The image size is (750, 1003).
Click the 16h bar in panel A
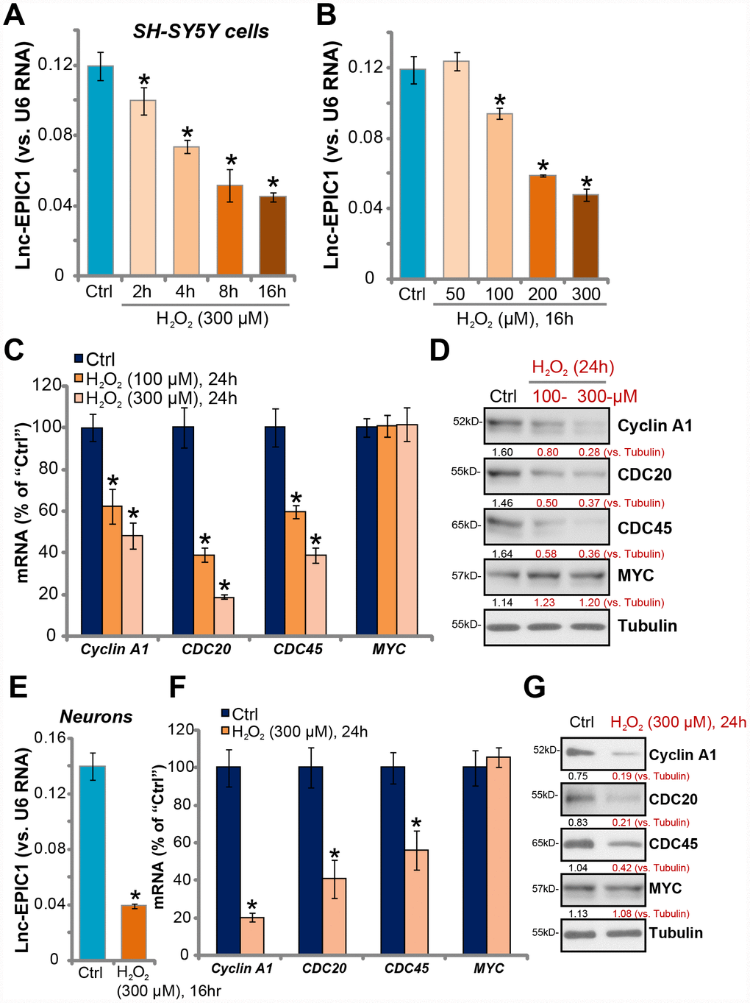pyautogui.click(x=273, y=235)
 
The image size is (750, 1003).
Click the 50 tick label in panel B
pyautogui.click(x=455, y=294)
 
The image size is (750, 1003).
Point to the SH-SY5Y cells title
pyautogui.click(x=200, y=32)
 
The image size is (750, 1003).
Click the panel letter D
pyautogui.click(x=439, y=350)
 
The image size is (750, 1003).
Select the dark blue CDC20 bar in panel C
pyautogui.click(x=183, y=530)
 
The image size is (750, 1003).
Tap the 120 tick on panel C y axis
pyautogui.click(x=47, y=385)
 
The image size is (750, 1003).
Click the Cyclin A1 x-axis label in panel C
pyautogui.click(x=114, y=649)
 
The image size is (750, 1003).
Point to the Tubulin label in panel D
pyautogui.click(x=647, y=625)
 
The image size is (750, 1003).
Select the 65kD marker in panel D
pyautogui.click(x=466, y=525)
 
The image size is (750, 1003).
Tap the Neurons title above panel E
pyautogui.click(x=96, y=717)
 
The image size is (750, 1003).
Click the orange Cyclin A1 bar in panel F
pyautogui.click(x=252, y=936)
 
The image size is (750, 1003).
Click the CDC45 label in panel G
pyautogui.click(x=673, y=844)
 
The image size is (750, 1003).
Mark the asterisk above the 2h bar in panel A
pyautogui.click(x=144, y=81)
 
